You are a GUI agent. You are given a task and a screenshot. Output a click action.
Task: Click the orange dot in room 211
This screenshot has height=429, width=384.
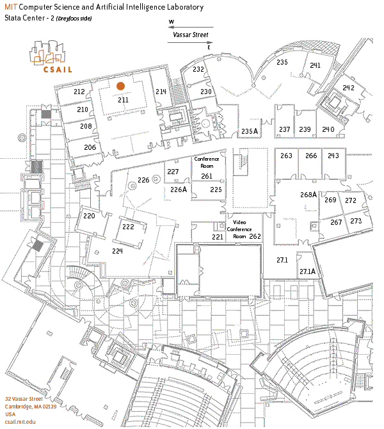point(120,86)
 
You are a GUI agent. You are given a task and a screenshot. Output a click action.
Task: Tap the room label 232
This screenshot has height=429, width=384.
point(198,69)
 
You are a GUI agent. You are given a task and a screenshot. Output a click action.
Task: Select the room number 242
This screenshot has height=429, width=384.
point(349,88)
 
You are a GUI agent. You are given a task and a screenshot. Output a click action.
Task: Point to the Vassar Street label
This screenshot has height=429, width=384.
point(191,36)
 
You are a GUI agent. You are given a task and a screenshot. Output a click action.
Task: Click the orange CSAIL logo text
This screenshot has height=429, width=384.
point(57,69)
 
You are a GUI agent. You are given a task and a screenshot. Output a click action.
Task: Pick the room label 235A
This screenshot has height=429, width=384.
point(250,131)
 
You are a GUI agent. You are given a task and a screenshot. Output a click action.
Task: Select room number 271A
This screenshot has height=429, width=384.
point(307,271)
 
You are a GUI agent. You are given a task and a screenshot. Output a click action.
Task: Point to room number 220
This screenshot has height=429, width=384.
point(89,216)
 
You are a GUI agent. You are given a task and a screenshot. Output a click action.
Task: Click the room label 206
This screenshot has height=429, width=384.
point(90,147)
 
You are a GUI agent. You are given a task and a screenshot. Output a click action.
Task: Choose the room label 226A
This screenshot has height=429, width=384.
point(179,190)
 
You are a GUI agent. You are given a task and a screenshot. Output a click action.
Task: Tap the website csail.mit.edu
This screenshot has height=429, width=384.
point(20,421)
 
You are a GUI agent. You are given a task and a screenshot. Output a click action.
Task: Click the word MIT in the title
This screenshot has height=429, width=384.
point(11,7)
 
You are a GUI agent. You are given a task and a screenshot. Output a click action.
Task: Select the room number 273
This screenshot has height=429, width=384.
point(356,221)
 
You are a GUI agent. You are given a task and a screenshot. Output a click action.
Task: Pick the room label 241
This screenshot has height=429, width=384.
point(315,65)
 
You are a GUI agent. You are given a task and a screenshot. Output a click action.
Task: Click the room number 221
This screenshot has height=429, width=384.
point(218,237)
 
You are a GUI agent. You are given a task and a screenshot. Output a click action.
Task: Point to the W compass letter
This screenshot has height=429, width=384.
point(172,22)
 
